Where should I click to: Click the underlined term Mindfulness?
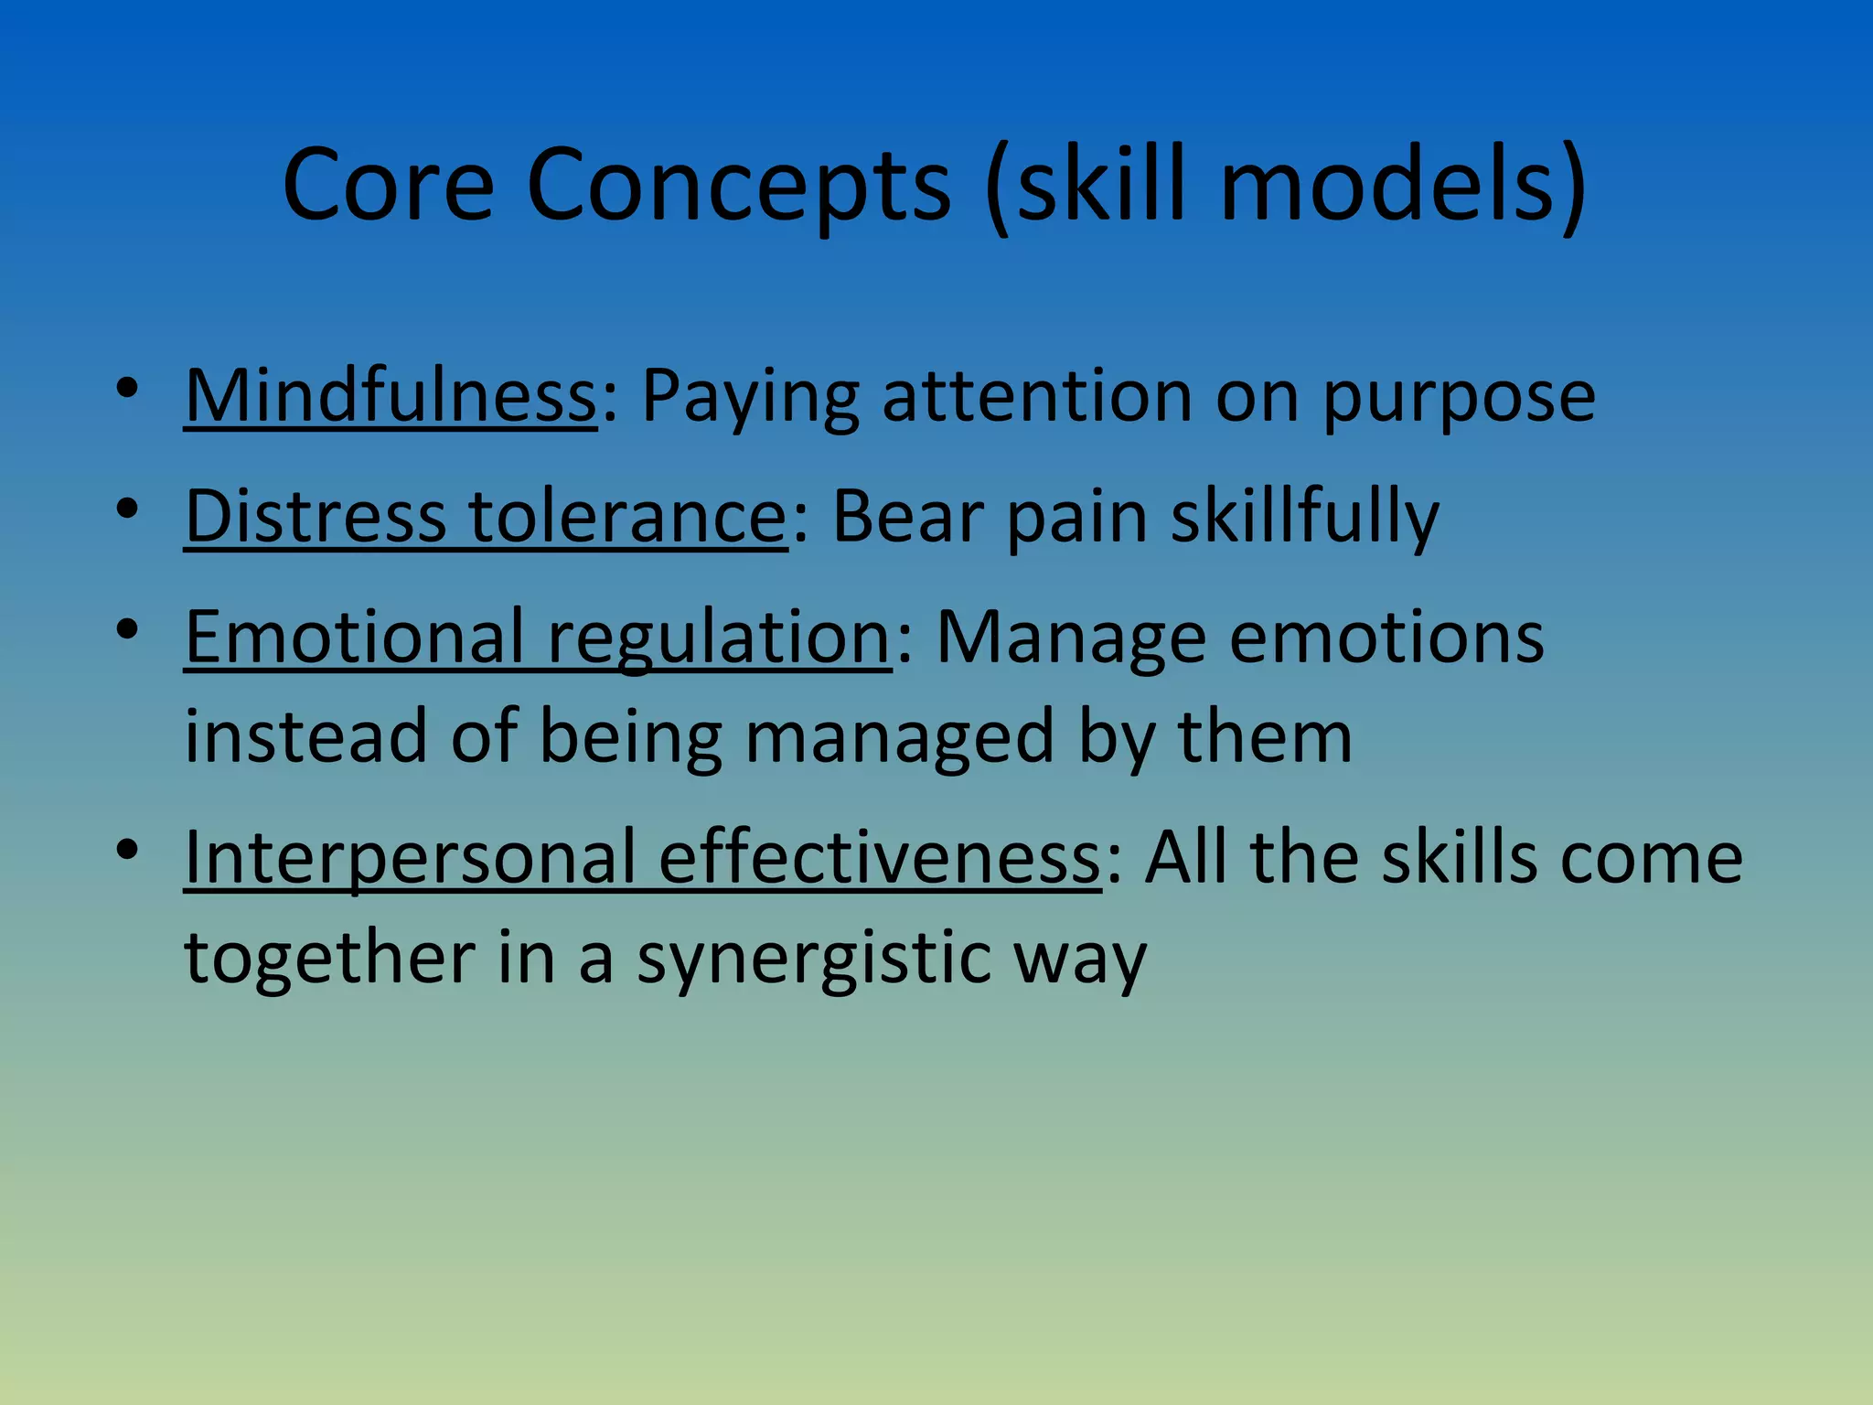tap(391, 396)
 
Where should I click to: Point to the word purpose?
tap(1459, 400)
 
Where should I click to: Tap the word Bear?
tap(908, 517)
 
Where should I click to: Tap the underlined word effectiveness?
tap(880, 857)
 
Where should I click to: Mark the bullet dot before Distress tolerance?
tap(127, 509)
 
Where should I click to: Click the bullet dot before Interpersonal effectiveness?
tap(127, 851)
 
